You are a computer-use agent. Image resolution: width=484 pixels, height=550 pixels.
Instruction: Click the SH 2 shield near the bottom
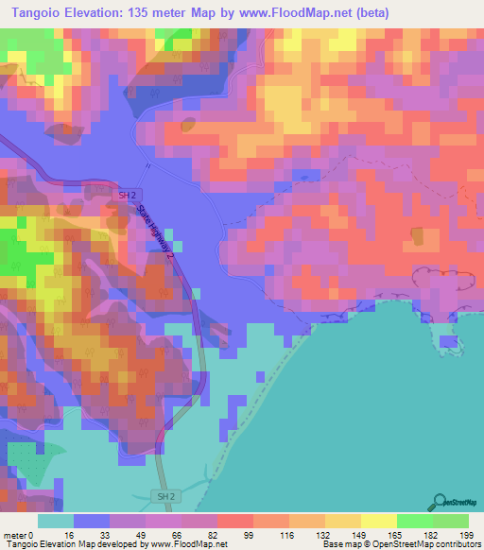[165, 496]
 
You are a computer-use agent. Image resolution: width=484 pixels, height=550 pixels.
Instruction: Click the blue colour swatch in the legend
[92, 521]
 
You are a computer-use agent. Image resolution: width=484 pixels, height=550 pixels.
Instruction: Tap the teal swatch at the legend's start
[56, 521]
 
